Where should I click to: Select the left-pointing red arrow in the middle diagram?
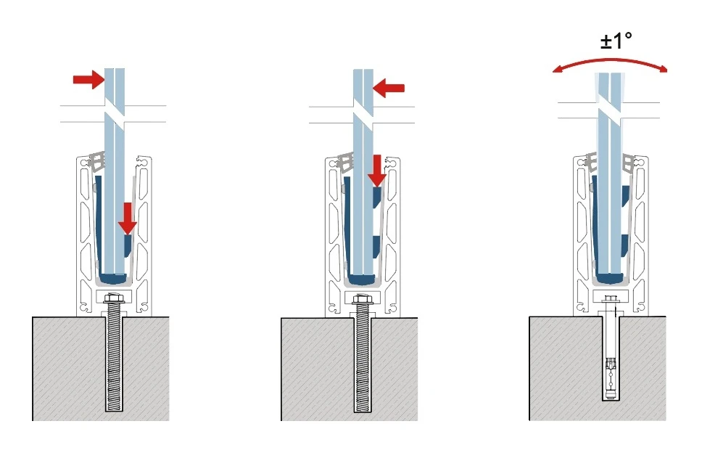389,88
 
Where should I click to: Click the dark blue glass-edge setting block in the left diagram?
113,277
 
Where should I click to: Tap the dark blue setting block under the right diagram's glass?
610,277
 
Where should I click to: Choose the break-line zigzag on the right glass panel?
609,111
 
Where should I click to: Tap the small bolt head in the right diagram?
610,298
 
